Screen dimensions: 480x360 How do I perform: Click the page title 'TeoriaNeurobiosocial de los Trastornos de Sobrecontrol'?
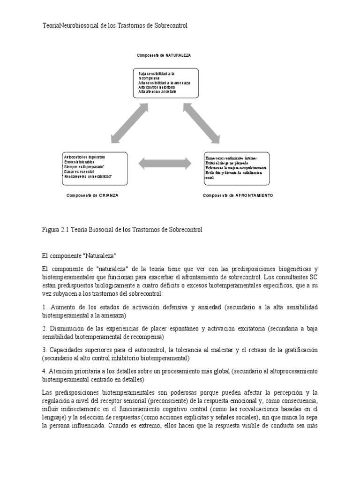click(x=115, y=26)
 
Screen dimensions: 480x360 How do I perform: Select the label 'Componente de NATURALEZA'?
click(x=164, y=55)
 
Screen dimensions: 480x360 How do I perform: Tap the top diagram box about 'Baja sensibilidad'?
click(x=165, y=83)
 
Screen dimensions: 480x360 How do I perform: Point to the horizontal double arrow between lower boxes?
click(x=165, y=163)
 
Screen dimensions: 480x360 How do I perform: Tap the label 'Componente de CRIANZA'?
click(x=92, y=195)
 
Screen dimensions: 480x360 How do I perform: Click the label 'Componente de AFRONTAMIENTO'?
click(x=238, y=195)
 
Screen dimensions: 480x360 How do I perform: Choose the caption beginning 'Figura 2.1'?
click(x=122, y=230)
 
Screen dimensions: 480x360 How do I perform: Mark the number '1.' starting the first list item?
click(x=45, y=307)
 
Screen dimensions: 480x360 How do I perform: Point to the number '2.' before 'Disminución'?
click(x=45, y=329)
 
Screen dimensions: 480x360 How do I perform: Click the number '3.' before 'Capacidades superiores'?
click(x=45, y=350)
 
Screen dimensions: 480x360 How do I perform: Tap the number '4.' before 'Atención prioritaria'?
click(x=45, y=371)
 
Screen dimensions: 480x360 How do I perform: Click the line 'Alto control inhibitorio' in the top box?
click(x=157, y=88)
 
